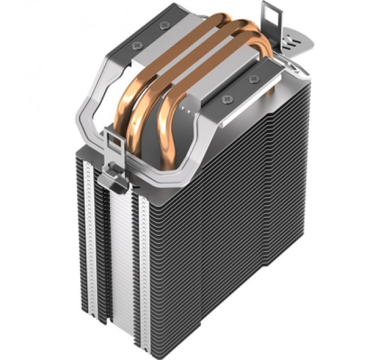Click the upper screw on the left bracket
165,25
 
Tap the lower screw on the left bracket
136,45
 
